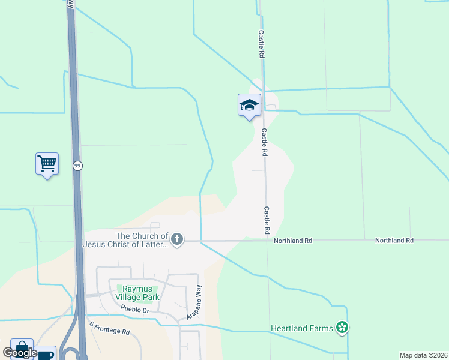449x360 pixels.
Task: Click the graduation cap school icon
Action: click(249, 106)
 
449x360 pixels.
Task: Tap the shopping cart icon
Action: click(47, 163)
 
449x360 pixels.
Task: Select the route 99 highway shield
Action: click(77, 166)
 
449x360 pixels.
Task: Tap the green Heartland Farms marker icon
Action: click(342, 328)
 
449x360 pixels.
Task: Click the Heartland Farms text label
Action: click(302, 328)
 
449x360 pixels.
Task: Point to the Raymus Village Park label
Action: click(137, 293)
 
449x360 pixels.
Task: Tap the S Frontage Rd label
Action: click(109, 328)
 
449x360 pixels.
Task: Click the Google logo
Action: click(20, 353)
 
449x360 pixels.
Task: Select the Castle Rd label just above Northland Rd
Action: click(266, 220)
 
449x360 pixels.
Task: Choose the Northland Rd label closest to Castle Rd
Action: click(293, 241)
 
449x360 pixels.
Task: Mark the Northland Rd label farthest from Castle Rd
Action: click(394, 241)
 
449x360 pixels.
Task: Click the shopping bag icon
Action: click(22, 348)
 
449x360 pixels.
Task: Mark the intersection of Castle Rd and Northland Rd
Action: click(267, 241)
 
